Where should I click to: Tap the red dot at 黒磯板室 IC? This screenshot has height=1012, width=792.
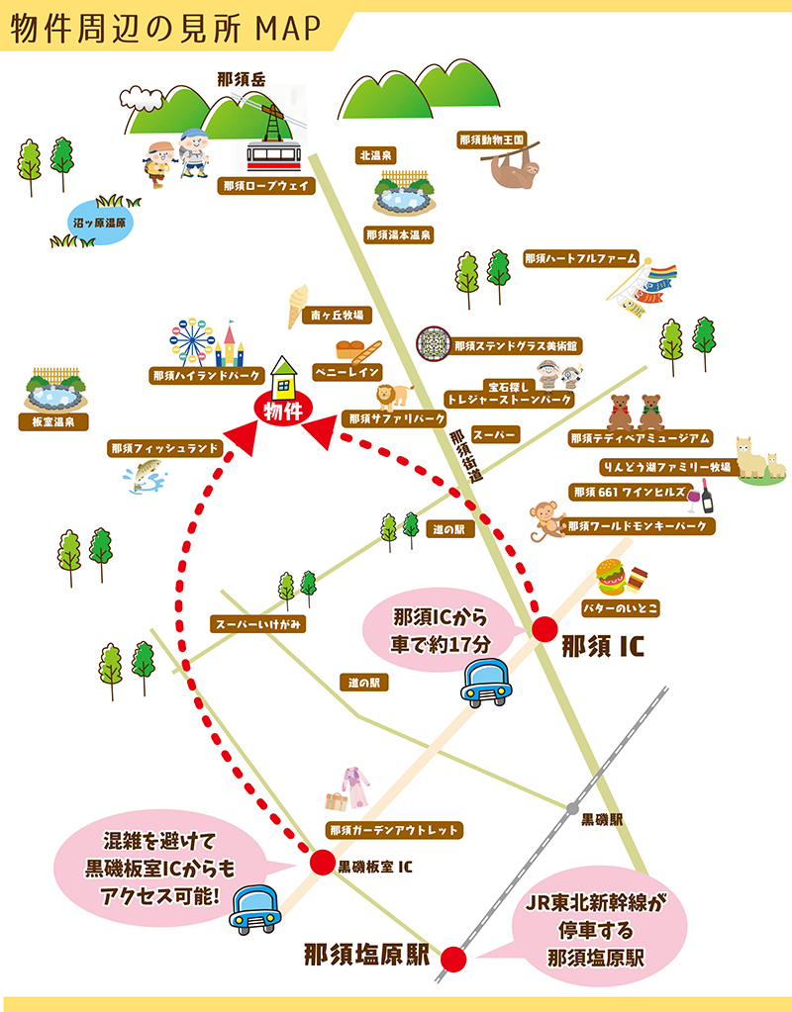[x=321, y=863]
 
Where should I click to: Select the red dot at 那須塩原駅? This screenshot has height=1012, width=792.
[x=453, y=958]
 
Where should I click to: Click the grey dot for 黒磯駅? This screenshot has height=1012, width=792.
[x=571, y=808]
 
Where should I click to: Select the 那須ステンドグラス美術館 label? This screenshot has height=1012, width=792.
[x=516, y=346]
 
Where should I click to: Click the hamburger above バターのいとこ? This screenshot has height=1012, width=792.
[x=611, y=577]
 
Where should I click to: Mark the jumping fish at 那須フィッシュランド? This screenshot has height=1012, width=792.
[x=146, y=475]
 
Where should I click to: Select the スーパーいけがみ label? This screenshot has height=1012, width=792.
[x=260, y=623]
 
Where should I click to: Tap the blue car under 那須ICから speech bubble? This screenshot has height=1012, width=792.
[x=488, y=682]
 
